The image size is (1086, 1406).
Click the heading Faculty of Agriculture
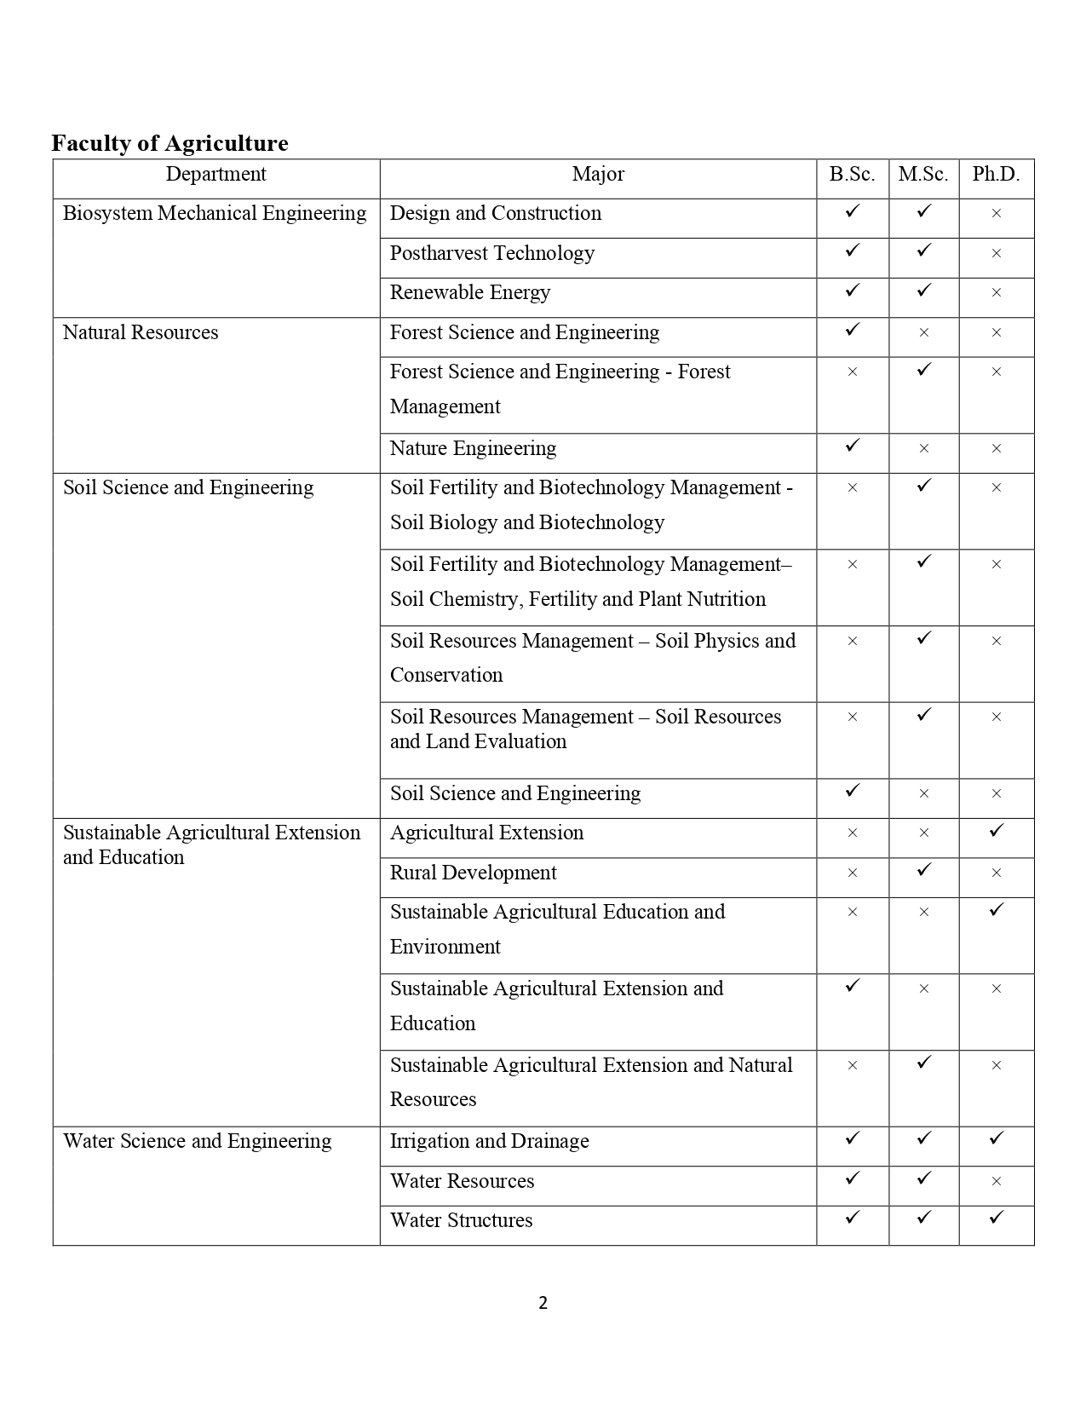170,143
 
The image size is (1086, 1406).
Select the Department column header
215,175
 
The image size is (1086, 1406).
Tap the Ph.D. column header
996,175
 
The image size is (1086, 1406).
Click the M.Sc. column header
923,175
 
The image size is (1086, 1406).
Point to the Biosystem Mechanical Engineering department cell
215,213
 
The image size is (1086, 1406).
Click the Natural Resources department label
141,332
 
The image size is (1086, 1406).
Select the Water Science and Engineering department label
197,1141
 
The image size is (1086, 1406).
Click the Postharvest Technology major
492,253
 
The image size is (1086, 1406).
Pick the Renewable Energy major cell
470,292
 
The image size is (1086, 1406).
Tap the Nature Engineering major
473,448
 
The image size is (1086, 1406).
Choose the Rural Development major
473,873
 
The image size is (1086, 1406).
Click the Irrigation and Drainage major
489,1141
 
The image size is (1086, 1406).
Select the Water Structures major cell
461,1220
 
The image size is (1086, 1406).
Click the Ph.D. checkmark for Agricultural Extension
997,830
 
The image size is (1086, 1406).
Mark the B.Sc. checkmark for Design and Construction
853,210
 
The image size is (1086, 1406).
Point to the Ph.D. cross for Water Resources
997,1181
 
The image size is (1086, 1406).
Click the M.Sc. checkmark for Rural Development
924,870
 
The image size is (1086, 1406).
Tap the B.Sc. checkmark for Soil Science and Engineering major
853,791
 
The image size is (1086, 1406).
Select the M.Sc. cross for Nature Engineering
924,449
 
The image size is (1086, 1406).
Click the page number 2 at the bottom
543,1302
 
